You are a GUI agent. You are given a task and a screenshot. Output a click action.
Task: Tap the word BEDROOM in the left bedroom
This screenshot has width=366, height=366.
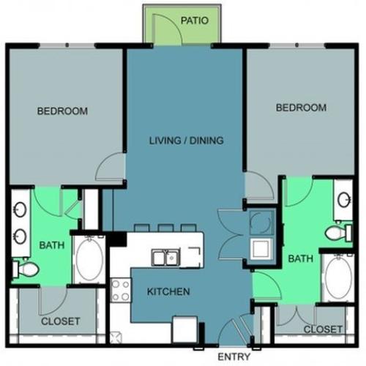[x=63, y=111]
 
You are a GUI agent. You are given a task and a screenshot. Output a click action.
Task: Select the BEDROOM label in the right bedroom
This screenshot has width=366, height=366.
[x=300, y=108]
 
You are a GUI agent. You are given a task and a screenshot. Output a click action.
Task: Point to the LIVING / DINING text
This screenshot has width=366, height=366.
[x=186, y=141]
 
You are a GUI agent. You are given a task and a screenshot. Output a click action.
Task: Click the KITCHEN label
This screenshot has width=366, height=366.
[x=168, y=291]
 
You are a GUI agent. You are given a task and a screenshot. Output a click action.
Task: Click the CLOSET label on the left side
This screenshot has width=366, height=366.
[x=60, y=321]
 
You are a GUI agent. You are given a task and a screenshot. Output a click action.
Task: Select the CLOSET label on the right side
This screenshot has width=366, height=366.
[x=322, y=329]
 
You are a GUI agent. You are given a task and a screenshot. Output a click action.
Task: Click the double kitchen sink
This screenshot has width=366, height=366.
[x=165, y=257]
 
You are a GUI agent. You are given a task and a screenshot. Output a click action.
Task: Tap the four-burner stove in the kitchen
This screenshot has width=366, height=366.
[x=119, y=291]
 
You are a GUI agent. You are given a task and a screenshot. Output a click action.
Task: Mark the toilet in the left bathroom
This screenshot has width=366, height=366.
[x=27, y=270]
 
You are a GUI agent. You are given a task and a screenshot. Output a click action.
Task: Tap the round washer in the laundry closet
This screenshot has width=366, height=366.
[x=258, y=220]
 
